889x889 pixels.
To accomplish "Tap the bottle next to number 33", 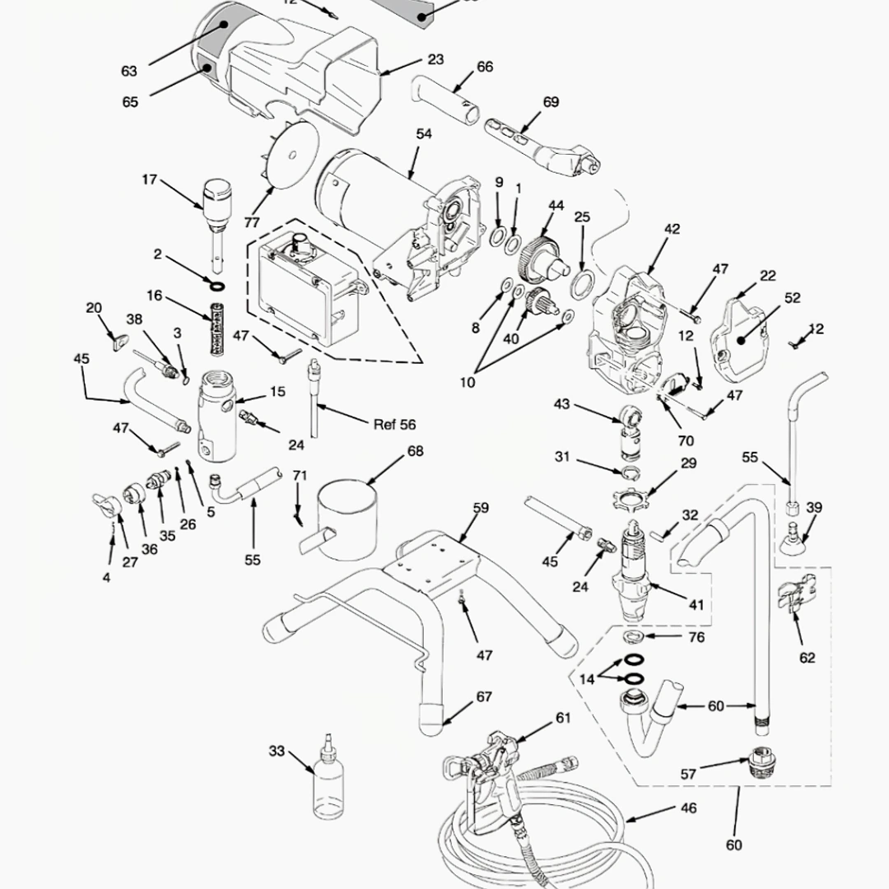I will (x=326, y=786).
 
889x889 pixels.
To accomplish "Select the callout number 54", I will (x=424, y=133).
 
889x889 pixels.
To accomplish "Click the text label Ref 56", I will (x=394, y=425).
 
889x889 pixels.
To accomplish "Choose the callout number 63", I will (x=129, y=71).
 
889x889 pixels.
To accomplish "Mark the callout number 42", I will (x=672, y=229).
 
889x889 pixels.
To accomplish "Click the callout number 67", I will (x=484, y=697).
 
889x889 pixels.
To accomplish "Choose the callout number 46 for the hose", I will (x=688, y=808).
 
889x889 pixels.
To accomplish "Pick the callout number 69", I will (x=551, y=102).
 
